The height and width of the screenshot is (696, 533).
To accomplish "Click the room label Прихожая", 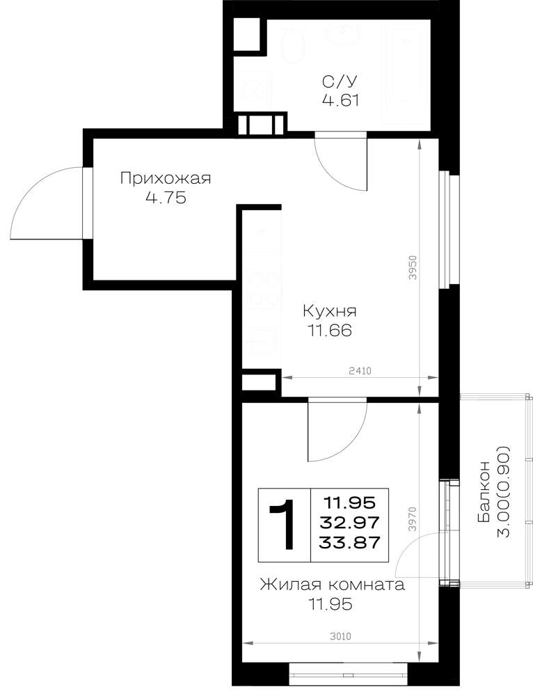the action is click(x=166, y=180).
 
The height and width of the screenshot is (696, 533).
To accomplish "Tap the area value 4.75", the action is click(x=166, y=198).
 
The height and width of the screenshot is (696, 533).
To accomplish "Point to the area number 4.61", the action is click(x=340, y=100).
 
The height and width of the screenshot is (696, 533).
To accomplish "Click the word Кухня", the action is click(x=329, y=312).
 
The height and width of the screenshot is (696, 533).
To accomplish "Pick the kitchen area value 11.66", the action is click(x=329, y=331).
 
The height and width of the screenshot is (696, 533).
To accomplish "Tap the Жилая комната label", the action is click(x=333, y=585).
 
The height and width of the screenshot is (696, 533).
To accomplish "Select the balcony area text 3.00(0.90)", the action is click(x=504, y=491).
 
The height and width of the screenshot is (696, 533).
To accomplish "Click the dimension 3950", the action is click(x=413, y=267).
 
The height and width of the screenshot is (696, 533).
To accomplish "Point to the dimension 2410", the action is click(x=360, y=371).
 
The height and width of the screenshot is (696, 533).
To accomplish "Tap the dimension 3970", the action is click(x=413, y=520).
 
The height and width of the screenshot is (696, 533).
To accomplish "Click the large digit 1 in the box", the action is click(x=283, y=524).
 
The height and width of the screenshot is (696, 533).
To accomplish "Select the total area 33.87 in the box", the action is click(x=350, y=542).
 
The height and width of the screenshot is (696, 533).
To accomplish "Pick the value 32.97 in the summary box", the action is click(x=350, y=523).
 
